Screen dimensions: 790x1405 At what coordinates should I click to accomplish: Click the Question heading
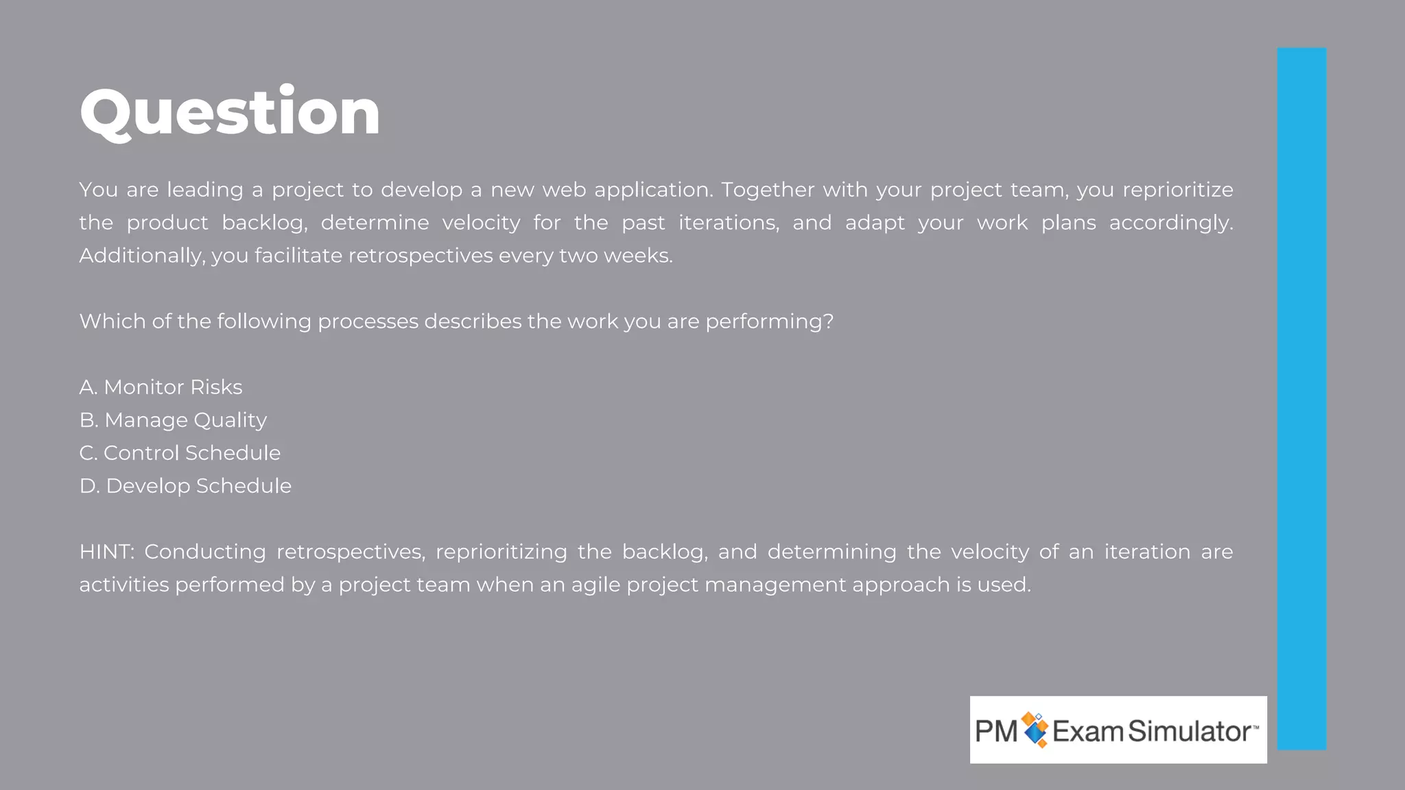coord(230,112)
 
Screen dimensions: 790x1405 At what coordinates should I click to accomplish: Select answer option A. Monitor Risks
coord(161,387)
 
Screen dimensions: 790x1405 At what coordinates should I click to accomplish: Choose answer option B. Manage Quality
coord(173,420)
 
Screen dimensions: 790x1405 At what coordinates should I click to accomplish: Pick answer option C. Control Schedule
coord(180,453)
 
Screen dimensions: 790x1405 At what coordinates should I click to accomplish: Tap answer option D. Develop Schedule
coord(185,486)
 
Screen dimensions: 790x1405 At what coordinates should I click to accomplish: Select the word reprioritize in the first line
coord(1177,190)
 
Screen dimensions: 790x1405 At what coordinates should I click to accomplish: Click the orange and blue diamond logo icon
coord(1035,730)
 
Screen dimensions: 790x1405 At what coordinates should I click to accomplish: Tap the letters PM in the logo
coord(996,731)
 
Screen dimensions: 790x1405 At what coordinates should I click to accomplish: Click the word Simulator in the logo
coord(1190,731)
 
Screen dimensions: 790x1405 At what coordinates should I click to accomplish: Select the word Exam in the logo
coord(1088,731)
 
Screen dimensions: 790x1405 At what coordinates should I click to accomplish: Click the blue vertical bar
coord(1301,398)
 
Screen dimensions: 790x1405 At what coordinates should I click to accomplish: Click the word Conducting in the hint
coord(204,552)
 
